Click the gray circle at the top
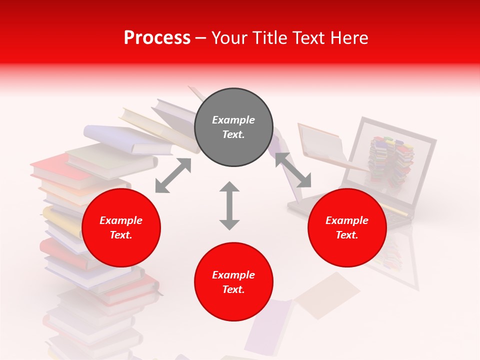click(233, 127)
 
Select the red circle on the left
click(121, 228)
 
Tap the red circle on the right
click(347, 228)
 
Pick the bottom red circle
click(233, 282)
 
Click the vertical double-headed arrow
click(229, 205)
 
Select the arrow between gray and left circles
click(173, 175)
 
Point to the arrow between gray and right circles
click(293, 170)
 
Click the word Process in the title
click(157, 38)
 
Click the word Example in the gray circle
click(233, 120)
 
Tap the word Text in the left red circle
click(121, 235)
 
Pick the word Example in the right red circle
click(347, 220)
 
